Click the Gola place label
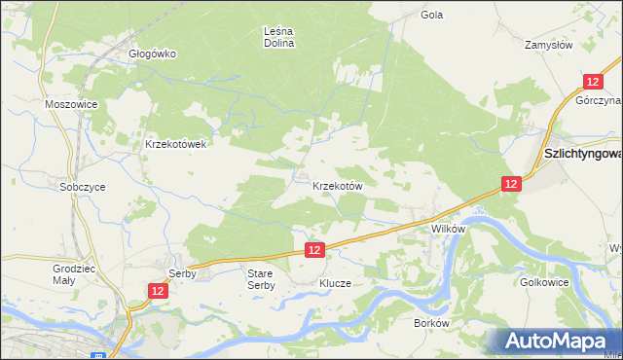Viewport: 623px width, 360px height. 431,15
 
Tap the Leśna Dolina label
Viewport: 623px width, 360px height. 279,37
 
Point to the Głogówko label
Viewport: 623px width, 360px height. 153,54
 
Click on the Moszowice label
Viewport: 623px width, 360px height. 67,102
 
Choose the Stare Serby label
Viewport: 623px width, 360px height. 261,279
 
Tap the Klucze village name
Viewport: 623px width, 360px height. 335,283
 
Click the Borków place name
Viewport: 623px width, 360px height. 430,322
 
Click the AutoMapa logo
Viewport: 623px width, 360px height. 556,340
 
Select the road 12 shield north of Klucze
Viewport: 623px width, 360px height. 313,250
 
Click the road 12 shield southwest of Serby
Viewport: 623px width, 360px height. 158,291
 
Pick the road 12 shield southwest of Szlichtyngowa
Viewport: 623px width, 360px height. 511,183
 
